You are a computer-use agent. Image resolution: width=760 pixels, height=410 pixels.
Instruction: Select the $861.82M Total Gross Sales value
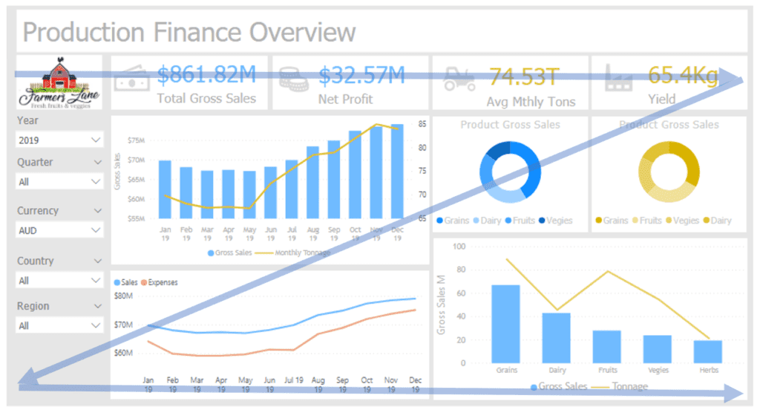(x=207, y=75)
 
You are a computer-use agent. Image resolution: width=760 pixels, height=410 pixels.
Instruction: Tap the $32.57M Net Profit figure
(x=362, y=75)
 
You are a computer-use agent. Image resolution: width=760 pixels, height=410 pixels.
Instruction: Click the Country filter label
(x=36, y=261)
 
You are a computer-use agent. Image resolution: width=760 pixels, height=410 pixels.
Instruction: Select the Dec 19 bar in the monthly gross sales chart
(x=397, y=171)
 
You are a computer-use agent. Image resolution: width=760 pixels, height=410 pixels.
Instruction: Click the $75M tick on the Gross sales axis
(x=137, y=140)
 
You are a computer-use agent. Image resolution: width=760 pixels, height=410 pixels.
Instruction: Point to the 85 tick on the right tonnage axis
(x=422, y=124)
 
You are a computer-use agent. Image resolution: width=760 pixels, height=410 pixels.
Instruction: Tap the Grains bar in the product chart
(x=505, y=324)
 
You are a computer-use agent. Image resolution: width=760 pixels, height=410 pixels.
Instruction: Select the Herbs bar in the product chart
(x=707, y=351)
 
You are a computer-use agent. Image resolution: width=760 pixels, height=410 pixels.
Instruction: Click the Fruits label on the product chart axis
(x=606, y=370)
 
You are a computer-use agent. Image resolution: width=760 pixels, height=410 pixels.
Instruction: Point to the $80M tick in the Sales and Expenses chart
(x=123, y=296)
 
